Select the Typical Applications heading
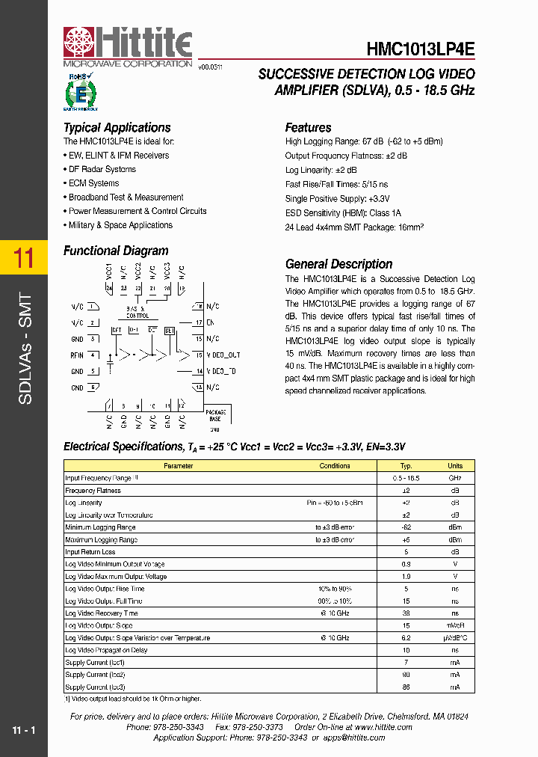(117, 128)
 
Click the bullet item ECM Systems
(93, 183)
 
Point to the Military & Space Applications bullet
(120, 225)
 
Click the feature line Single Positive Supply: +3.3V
(337, 198)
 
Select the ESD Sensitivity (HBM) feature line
(343, 212)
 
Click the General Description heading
(338, 264)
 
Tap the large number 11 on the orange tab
(24, 259)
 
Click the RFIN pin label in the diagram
(77, 355)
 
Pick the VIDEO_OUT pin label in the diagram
(223, 355)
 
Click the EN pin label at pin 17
(210, 322)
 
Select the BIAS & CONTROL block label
(137, 313)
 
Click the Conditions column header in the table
(334, 466)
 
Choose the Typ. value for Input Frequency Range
(406, 478)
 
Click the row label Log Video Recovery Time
(102, 613)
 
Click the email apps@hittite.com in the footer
(354, 738)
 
